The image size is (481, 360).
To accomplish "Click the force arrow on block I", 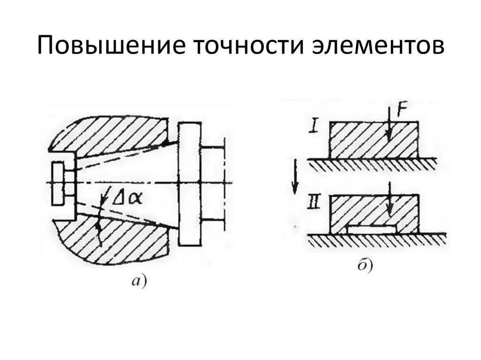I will (387, 127).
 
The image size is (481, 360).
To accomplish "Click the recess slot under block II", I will (371, 229).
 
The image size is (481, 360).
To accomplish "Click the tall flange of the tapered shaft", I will (190, 183).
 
